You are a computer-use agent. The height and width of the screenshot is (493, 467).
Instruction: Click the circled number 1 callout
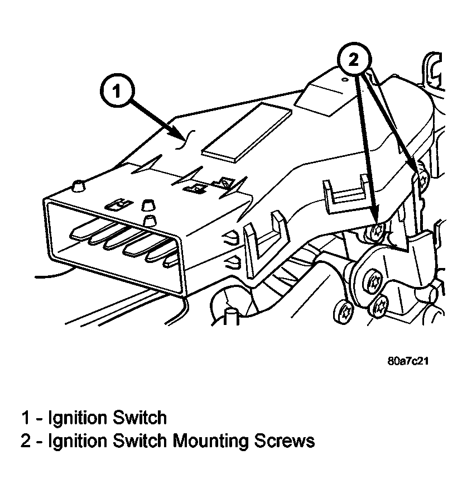click(x=117, y=92)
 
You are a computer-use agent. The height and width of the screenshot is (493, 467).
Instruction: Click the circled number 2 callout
click(x=354, y=59)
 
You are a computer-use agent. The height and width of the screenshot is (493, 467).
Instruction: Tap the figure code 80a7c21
click(x=408, y=361)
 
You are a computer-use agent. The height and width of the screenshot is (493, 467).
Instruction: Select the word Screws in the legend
click(x=285, y=441)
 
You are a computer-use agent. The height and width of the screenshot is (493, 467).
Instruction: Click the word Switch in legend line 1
click(x=139, y=418)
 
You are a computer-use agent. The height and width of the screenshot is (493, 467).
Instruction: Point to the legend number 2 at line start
click(x=26, y=441)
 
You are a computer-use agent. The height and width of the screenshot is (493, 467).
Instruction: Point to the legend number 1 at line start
click(x=26, y=418)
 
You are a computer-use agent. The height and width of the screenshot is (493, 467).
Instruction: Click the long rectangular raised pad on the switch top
click(x=247, y=132)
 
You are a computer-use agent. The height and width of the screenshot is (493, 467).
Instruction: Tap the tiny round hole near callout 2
click(x=345, y=80)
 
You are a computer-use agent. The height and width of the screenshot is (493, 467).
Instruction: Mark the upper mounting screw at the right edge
click(x=423, y=180)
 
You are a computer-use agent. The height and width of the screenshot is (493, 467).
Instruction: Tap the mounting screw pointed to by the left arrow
click(x=376, y=233)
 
